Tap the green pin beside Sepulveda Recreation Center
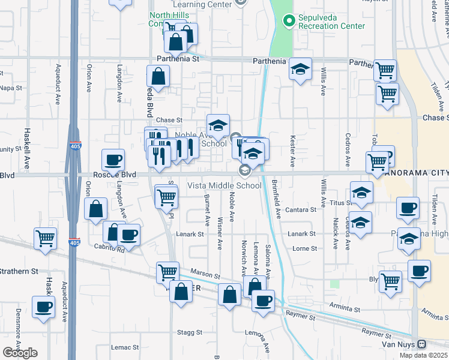click(289, 19)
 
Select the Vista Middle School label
click(224, 185)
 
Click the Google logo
click(20, 353)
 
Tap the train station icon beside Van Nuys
click(422, 344)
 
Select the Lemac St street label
click(125, 347)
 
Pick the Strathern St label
click(17, 271)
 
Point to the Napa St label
click(11, 88)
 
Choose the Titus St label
click(340, 203)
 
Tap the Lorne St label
click(304, 248)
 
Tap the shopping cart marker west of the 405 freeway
click(46, 238)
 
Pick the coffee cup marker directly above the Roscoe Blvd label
click(113, 160)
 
